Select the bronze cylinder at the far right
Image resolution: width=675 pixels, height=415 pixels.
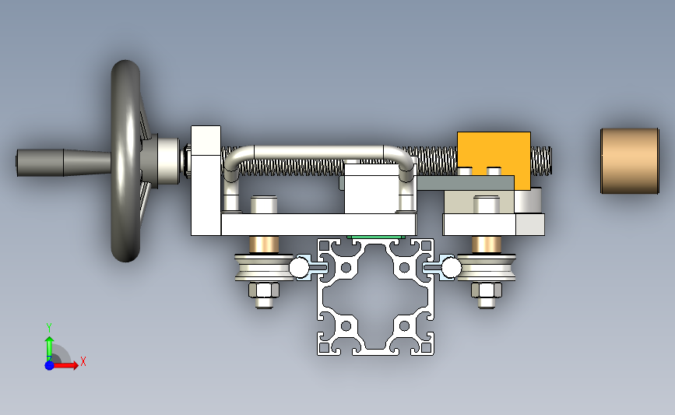point(629,161)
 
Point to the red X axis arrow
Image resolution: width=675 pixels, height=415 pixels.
point(65,365)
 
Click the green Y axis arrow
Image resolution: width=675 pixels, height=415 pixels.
point(49,349)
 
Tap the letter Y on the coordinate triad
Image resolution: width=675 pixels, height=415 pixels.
point(49,328)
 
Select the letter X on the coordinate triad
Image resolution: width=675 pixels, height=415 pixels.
point(83,361)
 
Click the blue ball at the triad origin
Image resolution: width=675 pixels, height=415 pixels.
point(49,365)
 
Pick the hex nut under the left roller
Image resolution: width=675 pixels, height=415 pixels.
point(264,290)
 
